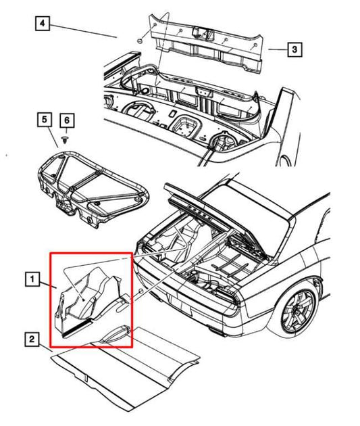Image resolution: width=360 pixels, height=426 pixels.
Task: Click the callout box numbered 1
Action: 32,279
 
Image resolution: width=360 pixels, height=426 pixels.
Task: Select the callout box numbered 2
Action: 32,339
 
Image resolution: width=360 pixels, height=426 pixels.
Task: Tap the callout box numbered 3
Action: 294,49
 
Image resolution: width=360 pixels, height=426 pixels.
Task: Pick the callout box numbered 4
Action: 43,24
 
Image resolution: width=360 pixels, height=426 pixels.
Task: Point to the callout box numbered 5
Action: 45,120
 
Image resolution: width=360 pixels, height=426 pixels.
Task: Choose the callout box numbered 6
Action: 67,120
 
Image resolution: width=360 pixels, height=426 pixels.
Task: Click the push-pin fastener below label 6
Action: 65,140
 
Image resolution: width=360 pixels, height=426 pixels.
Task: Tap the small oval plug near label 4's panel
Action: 140,41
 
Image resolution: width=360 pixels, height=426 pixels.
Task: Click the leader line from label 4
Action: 83,31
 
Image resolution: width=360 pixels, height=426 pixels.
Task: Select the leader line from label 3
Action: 278,50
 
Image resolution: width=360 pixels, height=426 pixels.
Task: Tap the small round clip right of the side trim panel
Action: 140,291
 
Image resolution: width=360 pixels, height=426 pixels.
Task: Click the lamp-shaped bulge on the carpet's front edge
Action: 116,333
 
